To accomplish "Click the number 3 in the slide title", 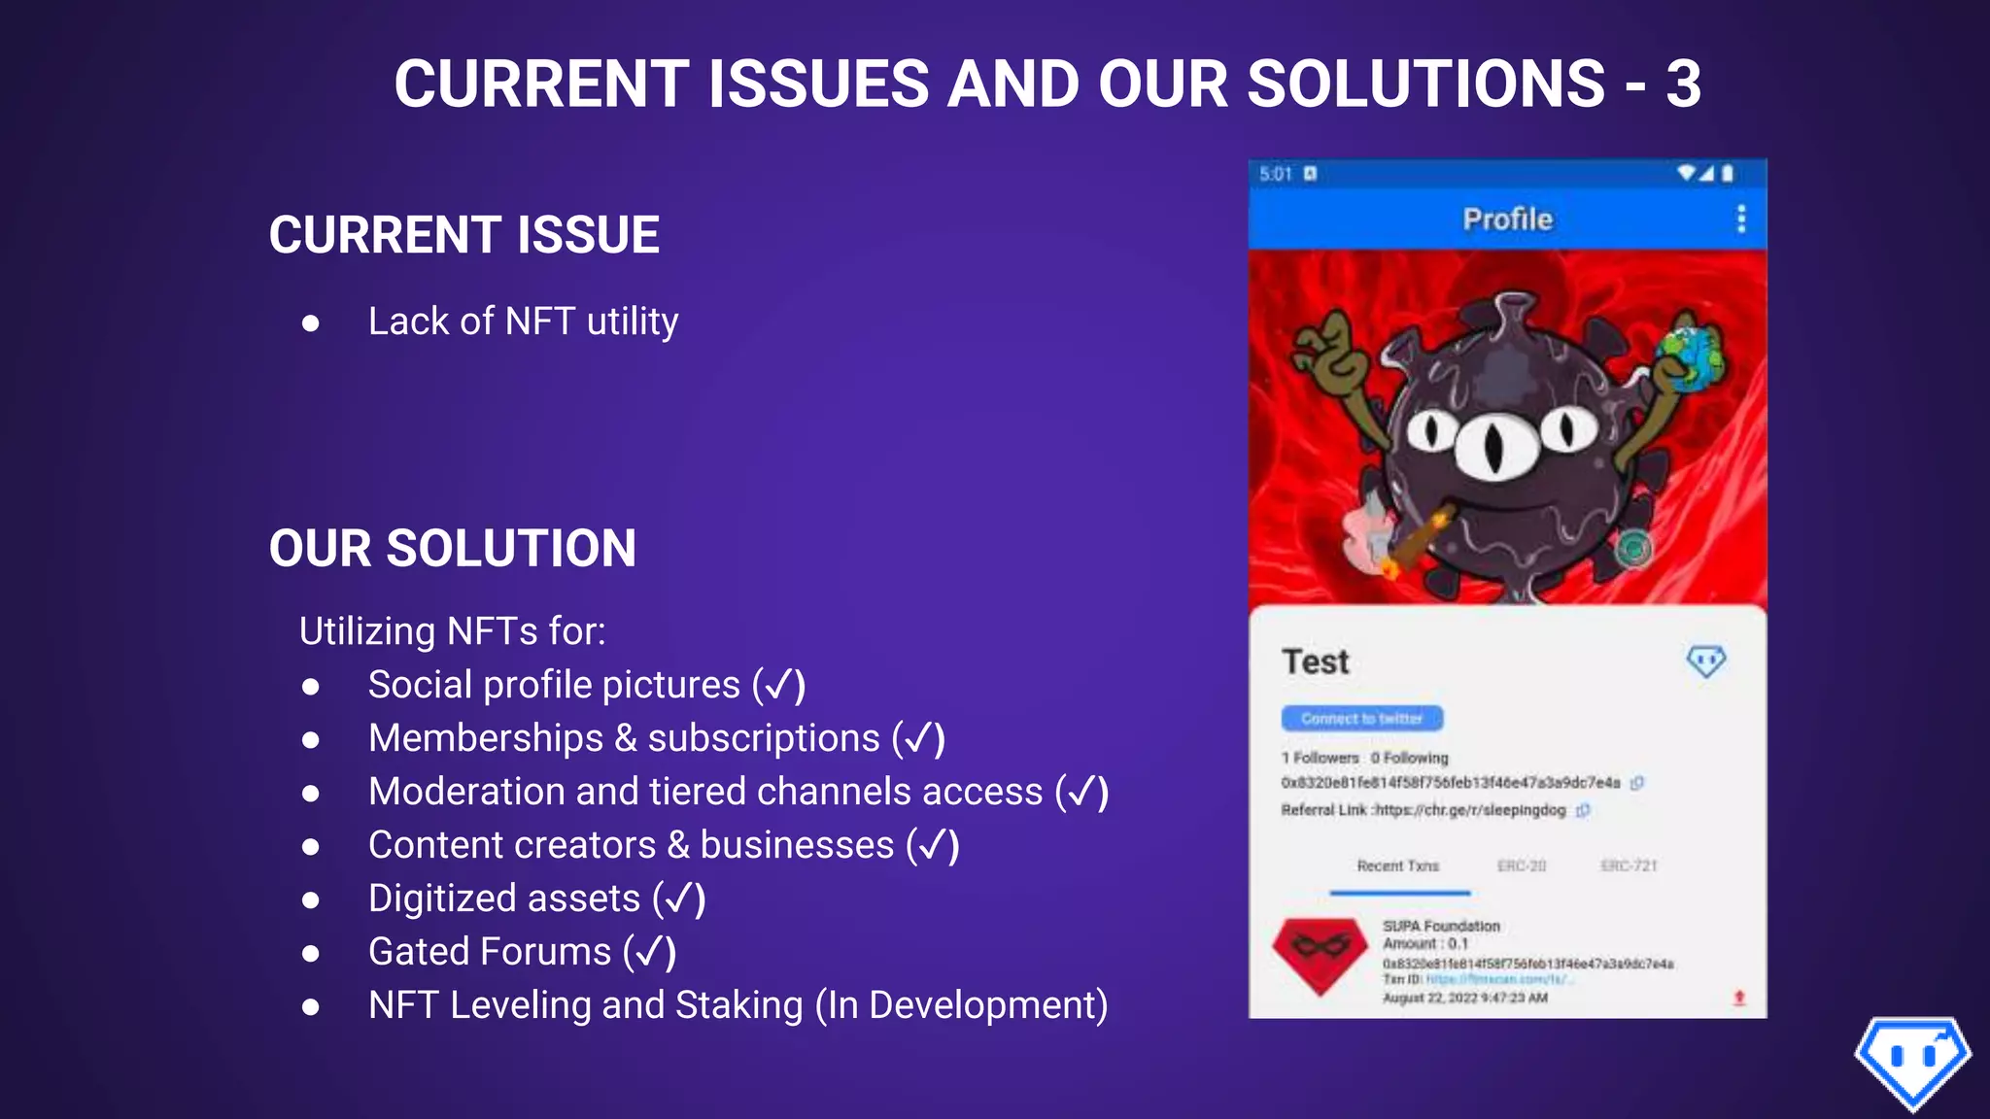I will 1683,84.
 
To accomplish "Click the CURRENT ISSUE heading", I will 464,235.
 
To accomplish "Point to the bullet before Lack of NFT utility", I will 311,323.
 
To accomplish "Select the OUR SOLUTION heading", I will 453,549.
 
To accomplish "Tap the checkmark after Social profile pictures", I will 779,686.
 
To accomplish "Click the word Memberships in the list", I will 486,738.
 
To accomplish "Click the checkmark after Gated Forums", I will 650,952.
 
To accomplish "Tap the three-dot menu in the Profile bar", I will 1740,219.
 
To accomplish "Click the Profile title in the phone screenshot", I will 1507,220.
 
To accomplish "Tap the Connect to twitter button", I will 1361,719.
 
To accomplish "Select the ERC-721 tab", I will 1629,865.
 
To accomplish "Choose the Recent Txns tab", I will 1398,865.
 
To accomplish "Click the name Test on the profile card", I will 1316,661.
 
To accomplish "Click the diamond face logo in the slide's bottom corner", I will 1912,1062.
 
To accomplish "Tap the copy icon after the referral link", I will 1583,810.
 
